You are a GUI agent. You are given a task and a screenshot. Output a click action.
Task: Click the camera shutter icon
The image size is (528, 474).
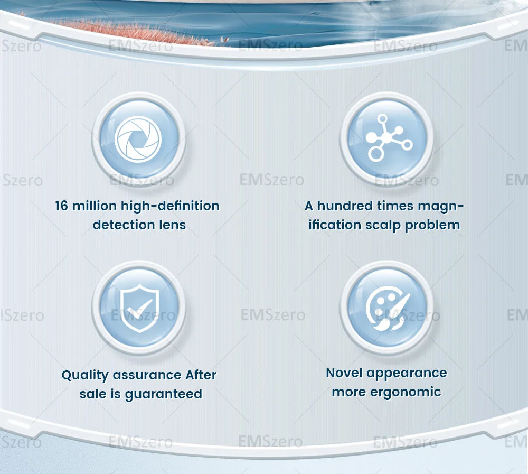pyautogui.click(x=138, y=139)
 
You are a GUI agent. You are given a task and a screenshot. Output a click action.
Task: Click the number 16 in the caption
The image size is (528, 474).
pyautogui.click(x=62, y=206)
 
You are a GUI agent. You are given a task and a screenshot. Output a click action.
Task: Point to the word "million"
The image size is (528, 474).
pyautogui.click(x=95, y=206)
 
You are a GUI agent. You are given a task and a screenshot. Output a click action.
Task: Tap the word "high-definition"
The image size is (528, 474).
pyautogui.click(x=170, y=206)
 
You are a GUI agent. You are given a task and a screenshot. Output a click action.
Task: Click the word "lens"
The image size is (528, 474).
pyautogui.click(x=172, y=225)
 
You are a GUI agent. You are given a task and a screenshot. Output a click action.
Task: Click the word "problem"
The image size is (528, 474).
pyautogui.click(x=432, y=225)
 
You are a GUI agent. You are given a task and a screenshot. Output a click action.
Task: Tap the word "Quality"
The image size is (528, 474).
pyautogui.click(x=84, y=375)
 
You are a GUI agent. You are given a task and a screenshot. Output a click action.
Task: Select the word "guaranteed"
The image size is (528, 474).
pyautogui.click(x=163, y=394)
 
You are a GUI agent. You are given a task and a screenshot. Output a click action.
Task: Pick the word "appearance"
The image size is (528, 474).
pyautogui.click(x=407, y=374)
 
